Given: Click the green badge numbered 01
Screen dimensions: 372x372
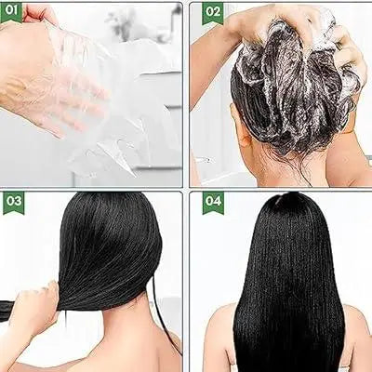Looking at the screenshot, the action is click(11, 12).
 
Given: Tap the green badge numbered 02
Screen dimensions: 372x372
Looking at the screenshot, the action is click(213, 13).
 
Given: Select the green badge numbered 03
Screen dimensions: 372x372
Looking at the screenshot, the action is click(14, 203).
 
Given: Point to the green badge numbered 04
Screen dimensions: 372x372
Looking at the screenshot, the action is click(213, 203).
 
